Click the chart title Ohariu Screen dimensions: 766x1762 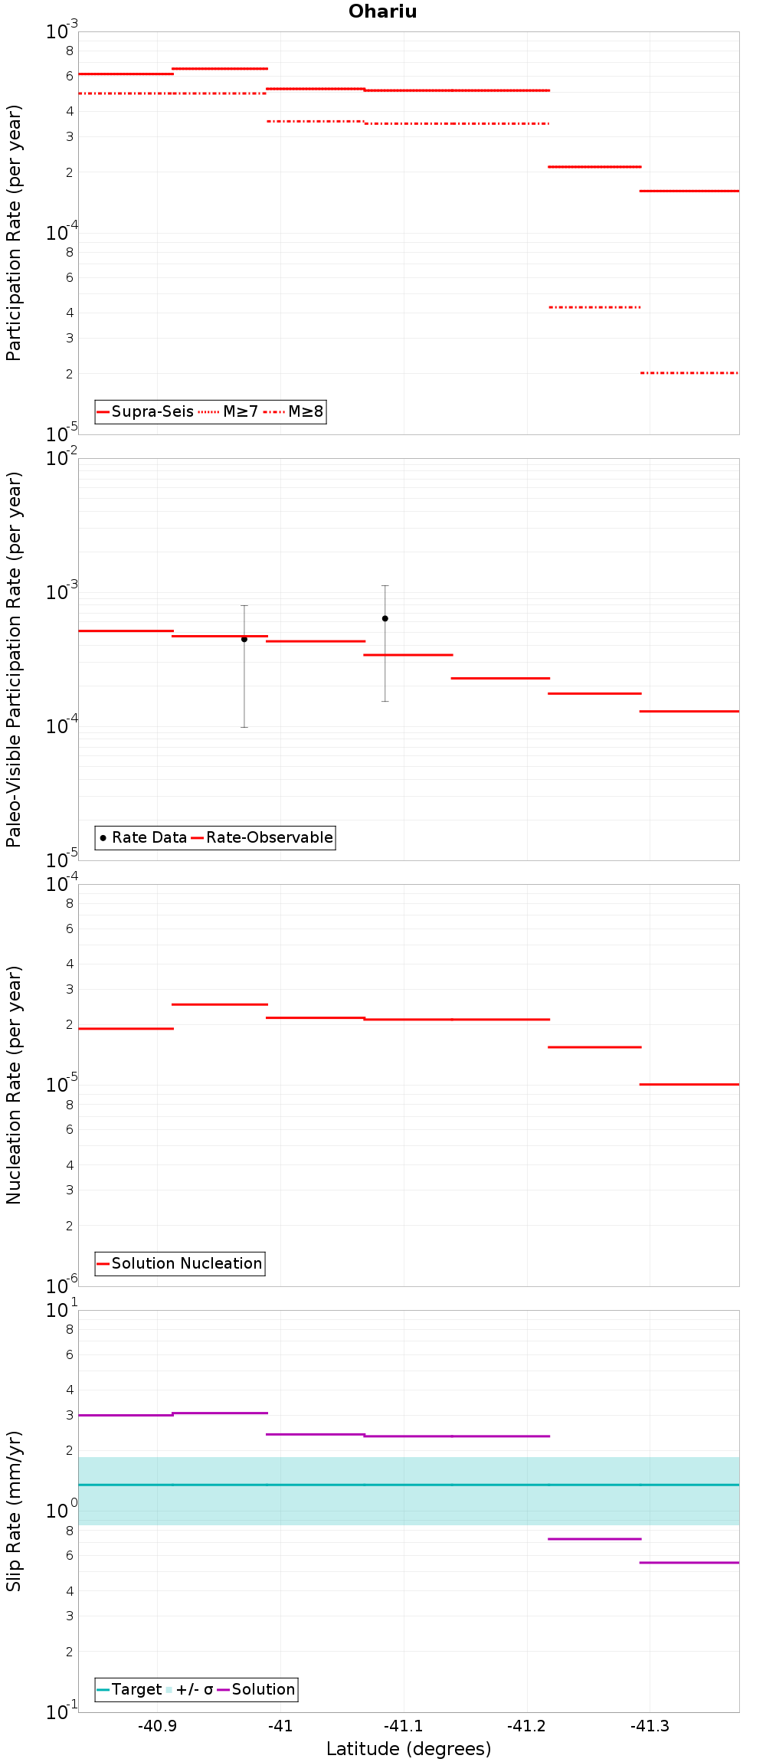[x=382, y=11]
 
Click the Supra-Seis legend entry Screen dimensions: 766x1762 [x=145, y=411]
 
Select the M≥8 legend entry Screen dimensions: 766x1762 [x=293, y=411]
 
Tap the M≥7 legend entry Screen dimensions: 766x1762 [x=228, y=411]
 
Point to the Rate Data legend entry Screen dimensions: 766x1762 [x=143, y=837]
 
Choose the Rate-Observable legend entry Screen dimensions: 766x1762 [x=262, y=837]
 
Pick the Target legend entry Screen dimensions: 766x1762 [x=129, y=1689]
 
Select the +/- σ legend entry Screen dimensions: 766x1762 [x=189, y=1689]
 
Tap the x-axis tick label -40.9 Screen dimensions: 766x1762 [x=157, y=1726]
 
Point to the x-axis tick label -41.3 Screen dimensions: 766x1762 [x=650, y=1726]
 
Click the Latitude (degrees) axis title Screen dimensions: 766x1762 [x=409, y=1749]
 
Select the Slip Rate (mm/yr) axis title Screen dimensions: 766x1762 [x=14, y=1511]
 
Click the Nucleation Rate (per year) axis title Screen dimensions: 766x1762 [x=14, y=1085]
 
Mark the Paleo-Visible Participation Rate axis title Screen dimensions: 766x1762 [x=14, y=659]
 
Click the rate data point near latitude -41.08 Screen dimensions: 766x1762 [x=385, y=618]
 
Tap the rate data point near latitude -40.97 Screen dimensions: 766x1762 [x=244, y=639]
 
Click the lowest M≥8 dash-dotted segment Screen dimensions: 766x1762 [x=689, y=373]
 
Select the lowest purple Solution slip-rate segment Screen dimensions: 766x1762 [x=689, y=1562]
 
